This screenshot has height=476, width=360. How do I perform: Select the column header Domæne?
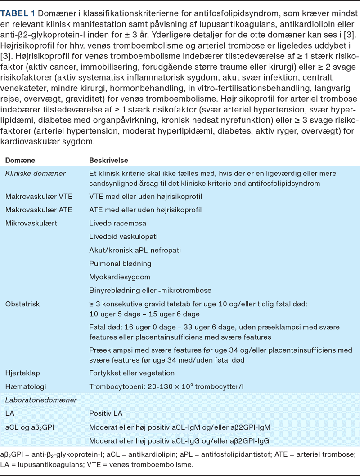point(20,160)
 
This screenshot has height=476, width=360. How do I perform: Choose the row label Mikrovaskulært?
point(31,223)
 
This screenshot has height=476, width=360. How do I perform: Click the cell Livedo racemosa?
point(117,223)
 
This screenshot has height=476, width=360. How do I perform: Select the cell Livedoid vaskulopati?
point(123,236)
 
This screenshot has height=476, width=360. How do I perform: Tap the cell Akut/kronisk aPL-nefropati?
point(135,250)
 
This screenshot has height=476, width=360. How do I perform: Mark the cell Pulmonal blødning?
point(120,263)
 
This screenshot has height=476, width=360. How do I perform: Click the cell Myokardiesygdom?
point(119,277)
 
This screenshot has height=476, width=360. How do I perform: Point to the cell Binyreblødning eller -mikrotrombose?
point(150,290)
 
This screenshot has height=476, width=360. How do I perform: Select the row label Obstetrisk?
point(22,304)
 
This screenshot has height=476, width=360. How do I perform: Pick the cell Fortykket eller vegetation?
point(132,373)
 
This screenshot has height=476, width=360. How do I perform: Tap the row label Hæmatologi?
point(25,386)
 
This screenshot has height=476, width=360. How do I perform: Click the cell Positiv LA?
point(106,413)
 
